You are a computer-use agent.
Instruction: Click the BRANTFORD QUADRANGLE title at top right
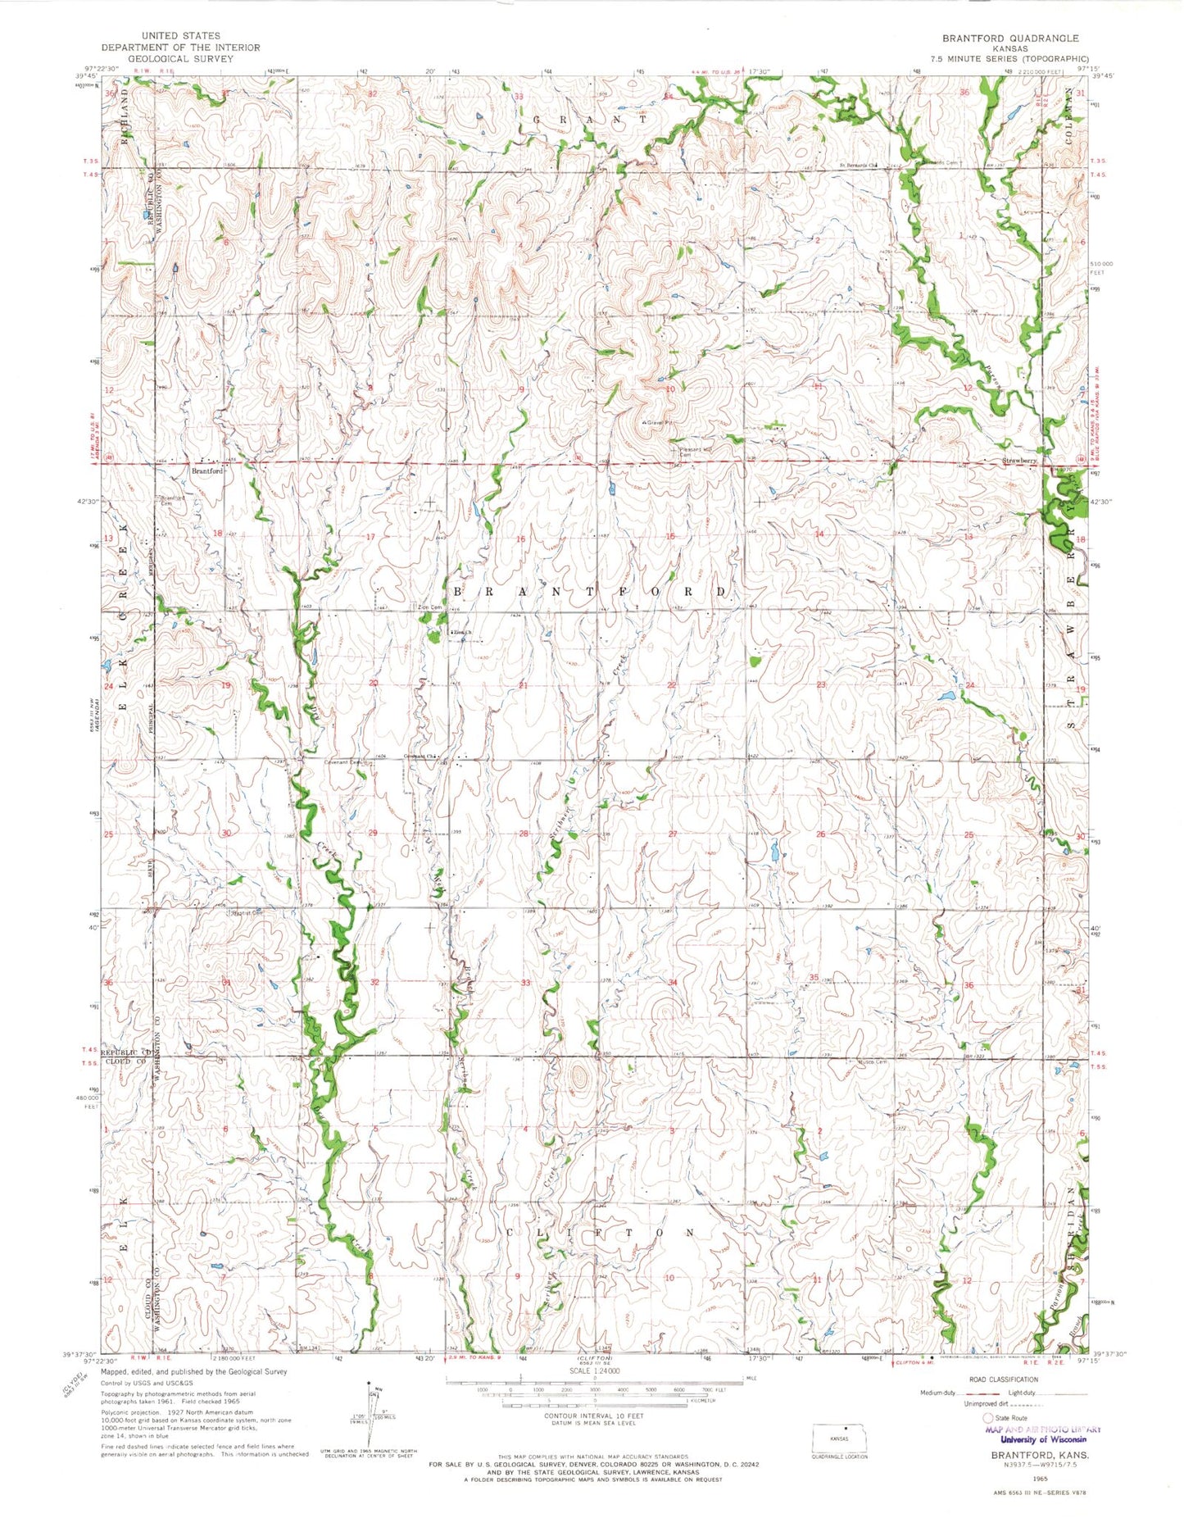coord(1009,39)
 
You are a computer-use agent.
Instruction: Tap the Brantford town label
coord(206,471)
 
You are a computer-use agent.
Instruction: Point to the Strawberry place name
coord(1020,461)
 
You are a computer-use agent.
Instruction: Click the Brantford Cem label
coord(171,500)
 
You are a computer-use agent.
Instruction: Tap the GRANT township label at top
coord(590,120)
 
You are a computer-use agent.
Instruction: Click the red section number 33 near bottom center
coord(525,982)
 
